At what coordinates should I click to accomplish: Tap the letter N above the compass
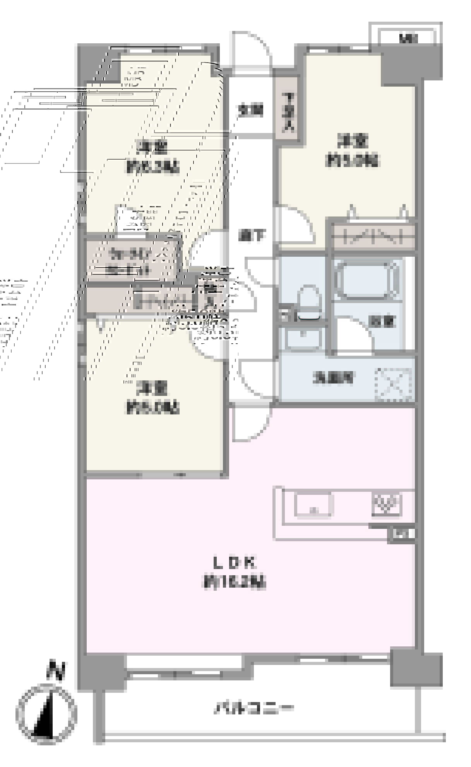[56, 672]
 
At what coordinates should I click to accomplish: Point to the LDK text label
[235, 562]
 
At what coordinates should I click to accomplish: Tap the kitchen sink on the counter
[313, 505]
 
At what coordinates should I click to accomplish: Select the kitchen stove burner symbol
[387, 504]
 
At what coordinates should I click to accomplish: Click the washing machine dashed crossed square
[393, 384]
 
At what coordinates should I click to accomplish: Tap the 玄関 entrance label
[250, 111]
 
